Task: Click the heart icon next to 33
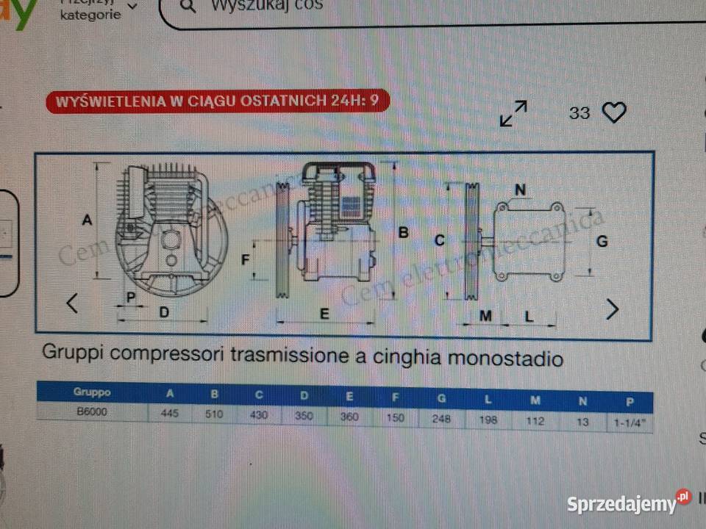click(614, 112)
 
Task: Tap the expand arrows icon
click(513, 113)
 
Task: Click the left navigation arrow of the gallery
click(72, 303)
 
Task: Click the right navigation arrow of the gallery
click(612, 309)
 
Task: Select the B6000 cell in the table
click(92, 411)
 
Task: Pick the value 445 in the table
click(171, 414)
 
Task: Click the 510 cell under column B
click(214, 414)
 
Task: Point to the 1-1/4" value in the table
click(630, 423)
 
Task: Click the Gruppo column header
click(92, 392)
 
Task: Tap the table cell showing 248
click(441, 419)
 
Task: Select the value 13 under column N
click(582, 422)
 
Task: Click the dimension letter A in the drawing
click(87, 220)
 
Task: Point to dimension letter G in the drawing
click(602, 240)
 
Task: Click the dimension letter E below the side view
click(324, 313)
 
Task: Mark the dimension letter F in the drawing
click(246, 259)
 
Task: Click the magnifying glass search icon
click(188, 7)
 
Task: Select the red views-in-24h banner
click(218, 101)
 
